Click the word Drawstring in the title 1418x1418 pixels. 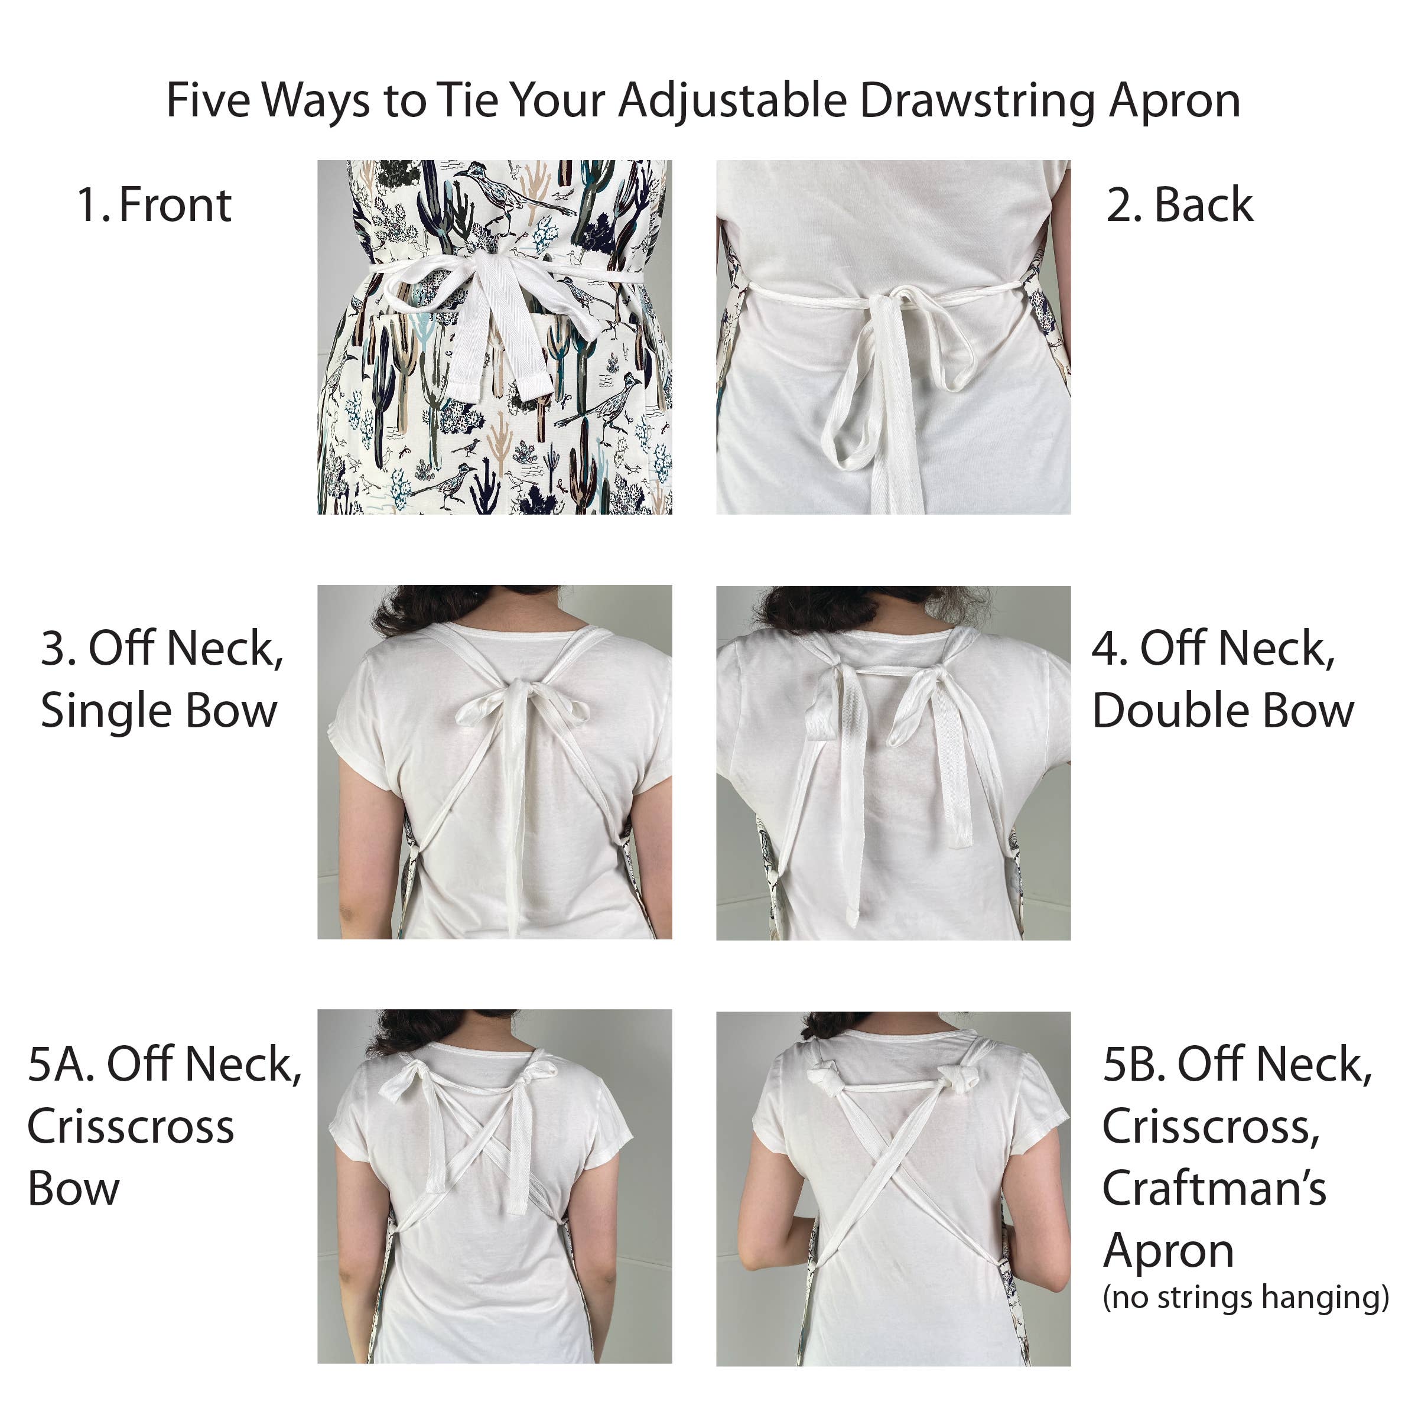click(979, 100)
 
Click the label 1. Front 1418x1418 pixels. click(154, 205)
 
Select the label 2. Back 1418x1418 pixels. click(1179, 205)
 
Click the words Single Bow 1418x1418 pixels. click(158, 710)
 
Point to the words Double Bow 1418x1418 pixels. click(1223, 710)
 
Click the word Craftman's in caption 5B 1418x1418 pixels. click(1214, 1188)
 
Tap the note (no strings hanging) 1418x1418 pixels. click(1245, 1297)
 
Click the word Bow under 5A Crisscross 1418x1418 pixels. click(73, 1189)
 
